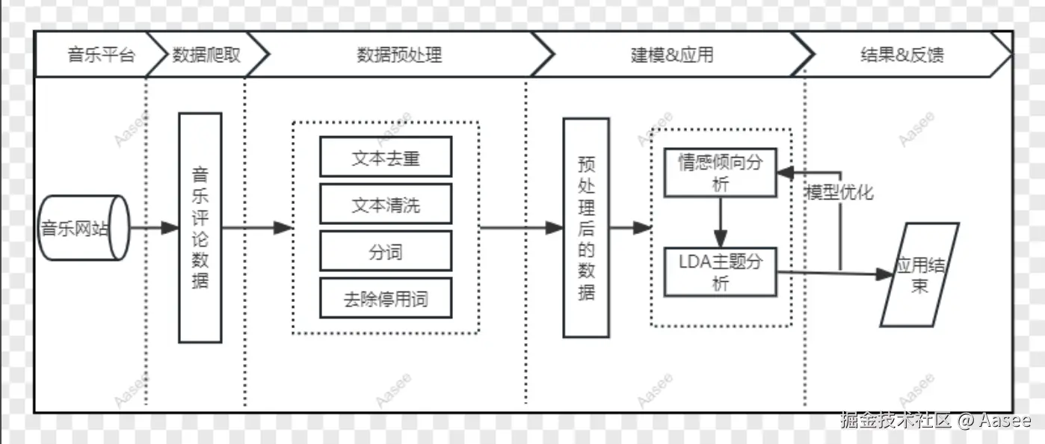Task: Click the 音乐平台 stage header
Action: pyautogui.click(x=101, y=55)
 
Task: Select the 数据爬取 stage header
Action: pyautogui.click(x=206, y=55)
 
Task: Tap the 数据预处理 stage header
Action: pyautogui.click(x=399, y=55)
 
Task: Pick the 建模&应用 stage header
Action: pyautogui.click(x=672, y=55)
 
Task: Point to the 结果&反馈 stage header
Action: pyautogui.click(x=901, y=55)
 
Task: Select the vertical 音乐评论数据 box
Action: pyautogui.click(x=200, y=227)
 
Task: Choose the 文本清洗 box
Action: pyautogui.click(x=386, y=204)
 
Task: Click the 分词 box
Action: pyautogui.click(x=386, y=251)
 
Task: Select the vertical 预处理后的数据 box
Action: pyautogui.click(x=586, y=227)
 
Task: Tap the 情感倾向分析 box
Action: pyautogui.click(x=720, y=173)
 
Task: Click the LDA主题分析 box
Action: pyautogui.click(x=720, y=272)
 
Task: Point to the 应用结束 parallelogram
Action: pyautogui.click(x=919, y=275)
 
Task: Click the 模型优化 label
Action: pyautogui.click(x=839, y=192)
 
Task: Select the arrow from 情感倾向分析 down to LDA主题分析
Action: pyautogui.click(x=720, y=222)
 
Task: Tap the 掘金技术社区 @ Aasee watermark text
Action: pyautogui.click(x=935, y=420)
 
